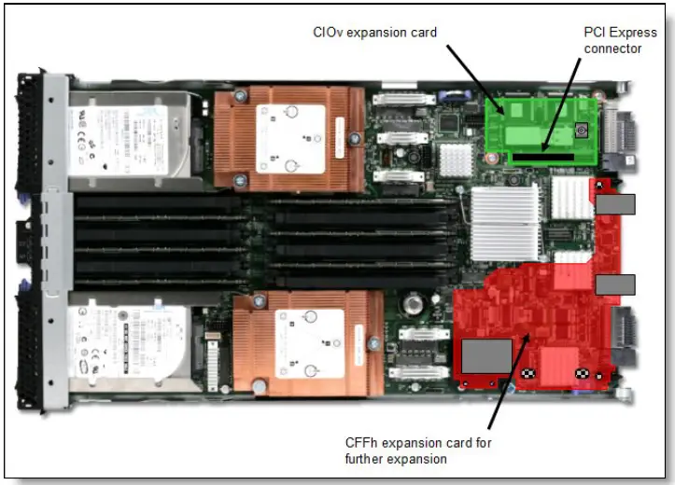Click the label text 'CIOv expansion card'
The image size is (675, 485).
(374, 33)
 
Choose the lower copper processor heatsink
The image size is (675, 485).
(307, 341)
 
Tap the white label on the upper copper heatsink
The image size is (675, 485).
(290, 138)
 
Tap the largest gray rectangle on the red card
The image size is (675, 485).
(486, 356)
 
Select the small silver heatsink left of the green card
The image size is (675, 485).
(456, 159)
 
